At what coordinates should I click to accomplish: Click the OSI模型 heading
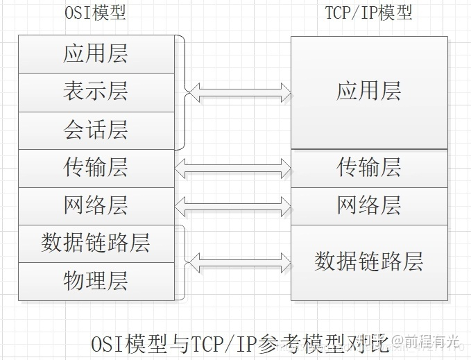pyautogui.click(x=95, y=15)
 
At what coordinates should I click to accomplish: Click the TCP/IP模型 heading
pyautogui.click(x=368, y=15)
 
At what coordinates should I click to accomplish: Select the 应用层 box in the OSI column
pyautogui.click(x=96, y=54)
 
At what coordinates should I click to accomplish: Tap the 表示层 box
pyautogui.click(x=96, y=92)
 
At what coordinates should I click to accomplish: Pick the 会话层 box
pyautogui.click(x=96, y=130)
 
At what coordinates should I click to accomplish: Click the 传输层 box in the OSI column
pyautogui.click(x=96, y=167)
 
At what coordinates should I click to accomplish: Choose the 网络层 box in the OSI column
pyautogui.click(x=96, y=205)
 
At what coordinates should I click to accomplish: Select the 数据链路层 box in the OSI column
pyautogui.click(x=96, y=243)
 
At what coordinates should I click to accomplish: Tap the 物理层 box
pyautogui.click(x=96, y=282)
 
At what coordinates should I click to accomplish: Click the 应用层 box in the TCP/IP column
pyautogui.click(x=368, y=92)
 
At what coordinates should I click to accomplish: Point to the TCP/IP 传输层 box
pyautogui.click(x=368, y=167)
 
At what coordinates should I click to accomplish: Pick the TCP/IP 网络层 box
pyautogui.click(x=368, y=205)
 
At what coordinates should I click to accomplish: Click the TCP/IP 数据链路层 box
pyautogui.click(x=368, y=262)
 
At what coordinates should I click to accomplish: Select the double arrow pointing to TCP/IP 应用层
pyautogui.click(x=240, y=92)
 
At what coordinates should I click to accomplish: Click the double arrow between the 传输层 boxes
pyautogui.click(x=233, y=167)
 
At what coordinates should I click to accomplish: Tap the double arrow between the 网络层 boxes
pyautogui.click(x=233, y=205)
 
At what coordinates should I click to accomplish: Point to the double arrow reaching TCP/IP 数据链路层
pyautogui.click(x=240, y=262)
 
